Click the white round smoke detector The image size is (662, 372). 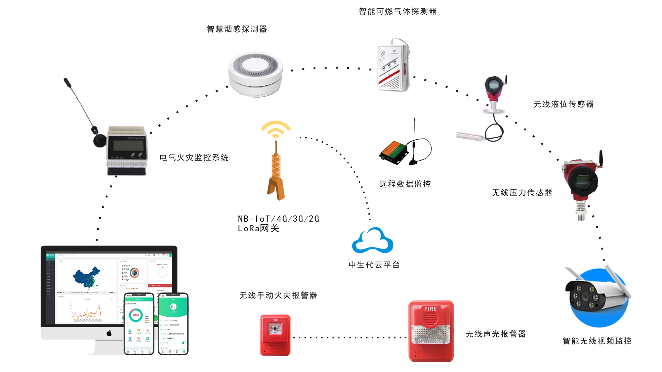(x=255, y=74)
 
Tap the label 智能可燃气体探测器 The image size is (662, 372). (x=398, y=12)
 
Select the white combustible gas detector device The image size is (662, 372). (x=393, y=65)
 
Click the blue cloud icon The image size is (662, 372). (x=372, y=241)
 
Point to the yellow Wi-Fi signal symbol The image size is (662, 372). (x=276, y=129)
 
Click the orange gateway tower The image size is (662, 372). (x=276, y=175)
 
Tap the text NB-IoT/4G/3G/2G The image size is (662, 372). (x=278, y=219)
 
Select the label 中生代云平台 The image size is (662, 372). (x=374, y=265)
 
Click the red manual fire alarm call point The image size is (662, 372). (x=275, y=335)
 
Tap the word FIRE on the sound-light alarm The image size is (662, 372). (x=430, y=309)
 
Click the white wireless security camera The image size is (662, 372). (x=596, y=295)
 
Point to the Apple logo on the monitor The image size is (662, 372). (x=109, y=333)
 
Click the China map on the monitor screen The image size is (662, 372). (x=87, y=277)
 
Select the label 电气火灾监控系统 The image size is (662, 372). (x=194, y=157)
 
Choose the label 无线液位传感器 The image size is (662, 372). (x=564, y=104)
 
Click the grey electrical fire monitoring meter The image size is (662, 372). (x=127, y=151)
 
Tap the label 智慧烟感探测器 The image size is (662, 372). (x=237, y=29)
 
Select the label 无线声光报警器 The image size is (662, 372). (x=496, y=334)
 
